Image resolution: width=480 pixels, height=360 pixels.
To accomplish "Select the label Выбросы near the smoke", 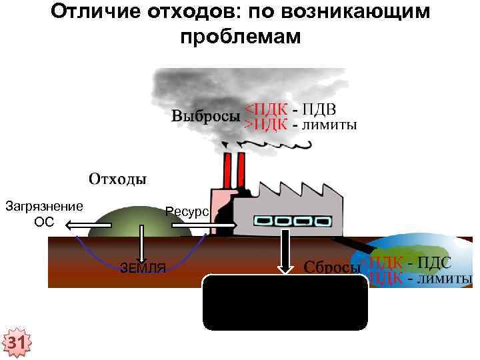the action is pyautogui.click(x=205, y=116).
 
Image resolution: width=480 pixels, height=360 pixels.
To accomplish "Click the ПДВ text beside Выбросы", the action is pyautogui.click(x=319, y=109).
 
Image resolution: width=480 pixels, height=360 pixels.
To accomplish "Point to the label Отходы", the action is pyautogui.click(x=118, y=179).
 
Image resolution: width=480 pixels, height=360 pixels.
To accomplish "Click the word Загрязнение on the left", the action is pyautogui.click(x=44, y=206).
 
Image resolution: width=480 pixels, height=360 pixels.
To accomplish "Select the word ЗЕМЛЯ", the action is pyautogui.click(x=143, y=269).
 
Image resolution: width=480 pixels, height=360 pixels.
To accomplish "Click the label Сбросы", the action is pyautogui.click(x=332, y=267).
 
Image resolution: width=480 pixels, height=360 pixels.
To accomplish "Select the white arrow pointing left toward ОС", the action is pyautogui.click(x=87, y=227).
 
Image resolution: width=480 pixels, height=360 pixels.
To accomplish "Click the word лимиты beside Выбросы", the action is pyautogui.click(x=329, y=124).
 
